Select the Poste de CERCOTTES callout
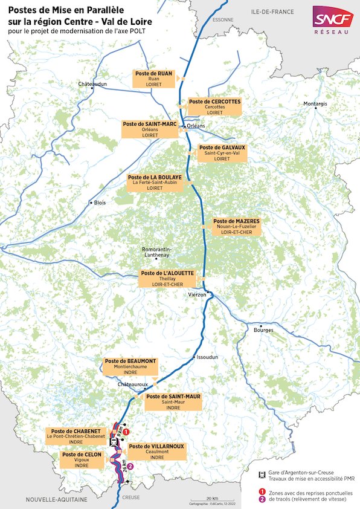click(x=214, y=107)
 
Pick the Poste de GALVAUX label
click(x=222, y=152)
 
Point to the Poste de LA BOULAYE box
click(x=155, y=182)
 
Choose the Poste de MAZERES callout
click(x=236, y=227)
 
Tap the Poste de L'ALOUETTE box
click(x=167, y=278)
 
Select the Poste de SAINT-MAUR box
click(x=173, y=402)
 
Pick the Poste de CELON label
click(x=82, y=459)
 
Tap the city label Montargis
click(x=315, y=104)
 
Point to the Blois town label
click(x=100, y=203)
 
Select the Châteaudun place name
click(x=92, y=83)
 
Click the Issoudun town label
click(x=203, y=357)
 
